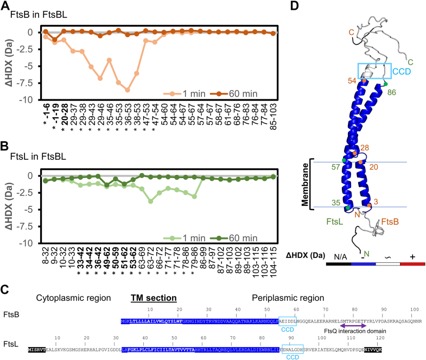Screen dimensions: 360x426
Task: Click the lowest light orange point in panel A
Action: pyautogui.click(x=128, y=90)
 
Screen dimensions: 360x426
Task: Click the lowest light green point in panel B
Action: pyautogui.click(x=150, y=201)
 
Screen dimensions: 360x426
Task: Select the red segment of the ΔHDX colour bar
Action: pyautogui.click(x=413, y=264)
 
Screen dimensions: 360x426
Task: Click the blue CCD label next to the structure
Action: pyautogui.click(x=402, y=71)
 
